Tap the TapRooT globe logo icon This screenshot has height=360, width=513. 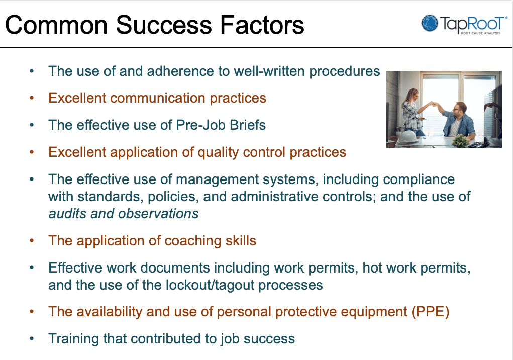(430, 23)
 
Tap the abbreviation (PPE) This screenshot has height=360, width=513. (430, 311)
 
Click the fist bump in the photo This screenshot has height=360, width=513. (435, 105)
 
